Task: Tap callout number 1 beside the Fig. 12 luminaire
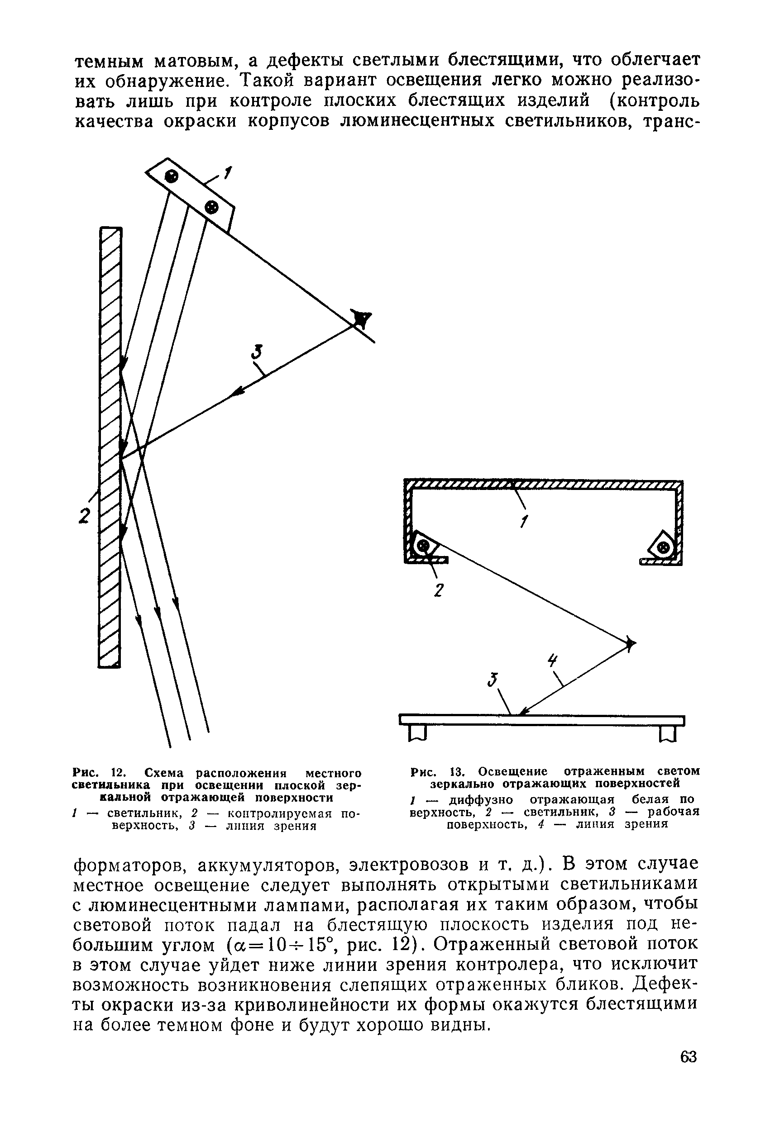tap(228, 172)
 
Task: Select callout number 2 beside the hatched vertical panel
tap(84, 516)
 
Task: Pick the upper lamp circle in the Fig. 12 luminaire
tap(172, 176)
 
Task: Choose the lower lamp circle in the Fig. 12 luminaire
tap(211, 207)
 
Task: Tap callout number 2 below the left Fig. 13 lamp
tap(439, 590)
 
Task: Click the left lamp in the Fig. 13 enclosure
tap(424, 546)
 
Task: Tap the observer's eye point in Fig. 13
tap(630, 643)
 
